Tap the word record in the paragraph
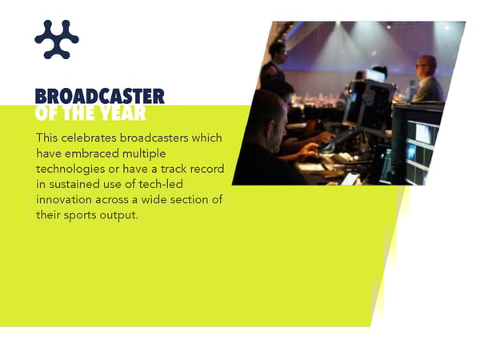[206, 168]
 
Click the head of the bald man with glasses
[426, 66]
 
